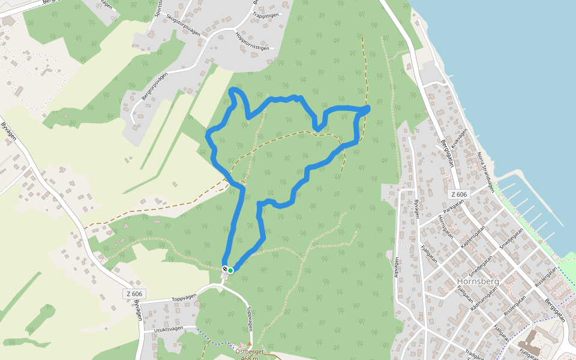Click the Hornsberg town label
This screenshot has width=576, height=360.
pyautogui.click(x=478, y=281)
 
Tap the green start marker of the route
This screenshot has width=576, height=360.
pyautogui.click(x=230, y=271)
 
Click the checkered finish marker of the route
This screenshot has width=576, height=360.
pyautogui.click(x=225, y=269)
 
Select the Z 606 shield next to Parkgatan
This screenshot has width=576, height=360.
pyautogui.click(x=458, y=194)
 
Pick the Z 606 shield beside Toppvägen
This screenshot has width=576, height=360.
pyautogui.click(x=135, y=294)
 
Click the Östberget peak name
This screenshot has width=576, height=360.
pyautogui.click(x=249, y=352)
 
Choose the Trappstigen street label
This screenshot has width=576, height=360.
pyautogui.click(x=266, y=14)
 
